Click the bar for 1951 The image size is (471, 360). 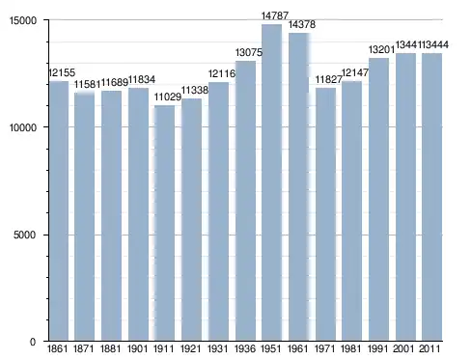pyautogui.click(x=272, y=182)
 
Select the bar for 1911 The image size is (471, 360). pyautogui.click(x=164, y=223)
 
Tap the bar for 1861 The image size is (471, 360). pyautogui.click(x=59, y=210)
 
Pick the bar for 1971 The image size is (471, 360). pyautogui.click(x=325, y=214)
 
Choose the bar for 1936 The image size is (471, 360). pyautogui.click(x=245, y=201)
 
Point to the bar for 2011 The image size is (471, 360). pyautogui.click(x=432, y=197)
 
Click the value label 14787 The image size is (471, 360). pyautogui.click(x=275, y=15)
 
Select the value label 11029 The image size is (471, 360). pyautogui.click(x=167, y=97)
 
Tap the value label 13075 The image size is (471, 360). pyautogui.click(x=249, y=52)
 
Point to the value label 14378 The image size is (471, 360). pyautogui.click(x=302, y=24)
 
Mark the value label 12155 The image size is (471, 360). pyautogui.click(x=62, y=72)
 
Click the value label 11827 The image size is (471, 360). pyautogui.click(x=328, y=79)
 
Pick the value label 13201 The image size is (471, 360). pyautogui.click(x=381, y=49)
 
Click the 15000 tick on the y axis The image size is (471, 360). pyautogui.click(x=23, y=20)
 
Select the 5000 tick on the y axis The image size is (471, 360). pyautogui.click(x=24, y=235)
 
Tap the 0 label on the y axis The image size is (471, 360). pyautogui.click(x=33, y=342)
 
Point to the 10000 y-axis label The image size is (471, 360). pyautogui.click(x=23, y=127)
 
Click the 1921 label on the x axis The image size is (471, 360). pyautogui.click(x=191, y=348)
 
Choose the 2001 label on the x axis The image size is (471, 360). pyautogui.click(x=404, y=348)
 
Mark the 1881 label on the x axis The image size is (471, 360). pyautogui.click(x=111, y=348)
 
